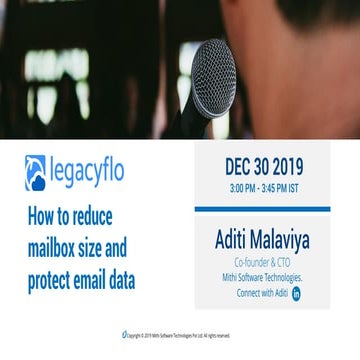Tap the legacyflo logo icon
tap(35, 172)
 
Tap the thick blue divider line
tap(262, 208)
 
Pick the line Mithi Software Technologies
tap(262, 274)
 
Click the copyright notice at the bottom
tap(180, 334)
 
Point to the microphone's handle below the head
tap(221, 126)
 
